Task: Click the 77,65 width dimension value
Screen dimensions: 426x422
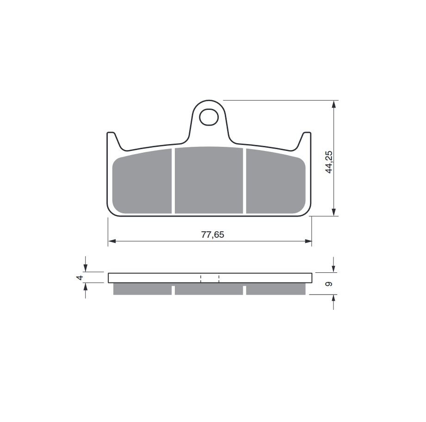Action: click(212, 235)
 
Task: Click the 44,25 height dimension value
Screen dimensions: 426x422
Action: click(329, 162)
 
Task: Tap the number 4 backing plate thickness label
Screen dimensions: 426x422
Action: click(80, 277)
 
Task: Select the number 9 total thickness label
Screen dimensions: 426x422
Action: click(329, 284)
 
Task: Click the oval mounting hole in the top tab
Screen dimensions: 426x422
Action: click(209, 117)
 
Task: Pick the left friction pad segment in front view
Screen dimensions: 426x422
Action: click(142, 181)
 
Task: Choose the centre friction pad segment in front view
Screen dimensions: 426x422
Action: click(209, 180)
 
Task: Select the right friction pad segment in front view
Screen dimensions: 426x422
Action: click(276, 181)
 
